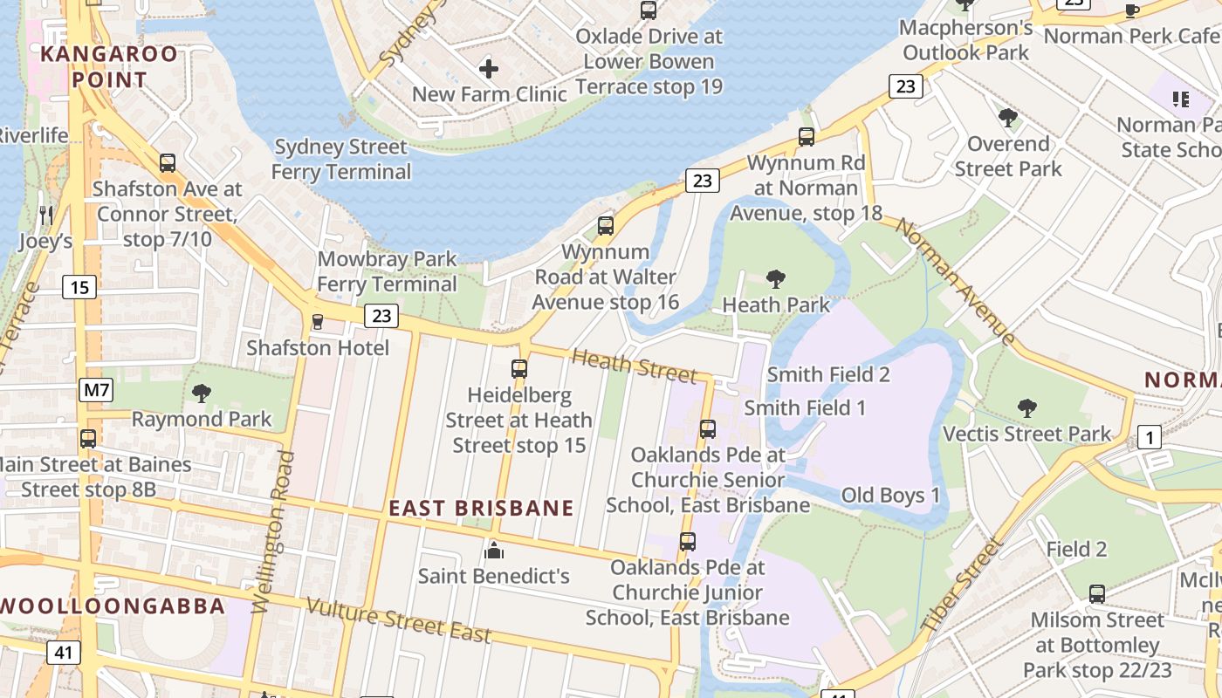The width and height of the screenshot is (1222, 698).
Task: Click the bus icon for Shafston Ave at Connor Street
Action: point(167,163)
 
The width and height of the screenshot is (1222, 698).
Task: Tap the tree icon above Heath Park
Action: point(775,279)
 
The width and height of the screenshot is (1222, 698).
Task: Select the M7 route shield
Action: point(96,390)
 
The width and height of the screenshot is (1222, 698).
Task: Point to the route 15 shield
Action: point(79,286)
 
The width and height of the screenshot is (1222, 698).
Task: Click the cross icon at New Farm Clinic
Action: point(489,68)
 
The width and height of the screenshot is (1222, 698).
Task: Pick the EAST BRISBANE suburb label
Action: point(481,509)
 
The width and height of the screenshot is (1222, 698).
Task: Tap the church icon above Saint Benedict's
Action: point(494,551)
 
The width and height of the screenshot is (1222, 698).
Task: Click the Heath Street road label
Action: point(634,366)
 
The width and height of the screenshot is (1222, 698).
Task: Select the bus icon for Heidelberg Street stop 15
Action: point(519,369)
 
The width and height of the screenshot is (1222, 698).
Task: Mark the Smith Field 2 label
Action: point(828,374)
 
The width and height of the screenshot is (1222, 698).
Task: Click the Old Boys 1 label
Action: point(890,496)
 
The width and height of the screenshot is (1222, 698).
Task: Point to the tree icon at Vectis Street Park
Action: point(1027,407)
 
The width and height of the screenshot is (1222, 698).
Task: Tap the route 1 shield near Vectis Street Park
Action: point(1150,438)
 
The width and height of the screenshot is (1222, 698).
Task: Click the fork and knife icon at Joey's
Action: point(46,215)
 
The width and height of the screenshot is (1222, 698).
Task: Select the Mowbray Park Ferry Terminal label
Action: point(387,271)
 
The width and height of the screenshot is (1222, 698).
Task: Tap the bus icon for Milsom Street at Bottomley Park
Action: point(1097,594)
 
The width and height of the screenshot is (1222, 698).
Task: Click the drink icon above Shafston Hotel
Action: point(317,322)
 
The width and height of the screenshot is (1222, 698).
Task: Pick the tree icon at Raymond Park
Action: point(202,393)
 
